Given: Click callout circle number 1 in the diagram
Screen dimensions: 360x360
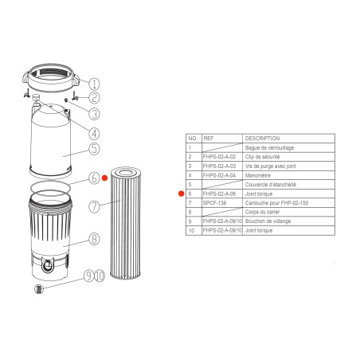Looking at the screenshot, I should pyautogui.click(x=95, y=84).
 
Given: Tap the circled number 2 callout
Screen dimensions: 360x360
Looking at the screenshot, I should pyautogui.click(x=95, y=98).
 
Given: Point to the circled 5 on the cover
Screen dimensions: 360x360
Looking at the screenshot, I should pyautogui.click(x=94, y=147).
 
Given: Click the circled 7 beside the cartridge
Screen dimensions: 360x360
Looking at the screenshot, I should pyautogui.click(x=95, y=206).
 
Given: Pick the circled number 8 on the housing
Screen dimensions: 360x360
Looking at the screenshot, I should pyautogui.click(x=94, y=237).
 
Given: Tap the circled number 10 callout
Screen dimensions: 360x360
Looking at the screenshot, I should pyautogui.click(x=100, y=276).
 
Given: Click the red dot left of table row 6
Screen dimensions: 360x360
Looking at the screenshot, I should pyautogui.click(x=181, y=194).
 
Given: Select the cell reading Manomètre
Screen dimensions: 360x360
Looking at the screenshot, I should pyautogui.click(x=262, y=175).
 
